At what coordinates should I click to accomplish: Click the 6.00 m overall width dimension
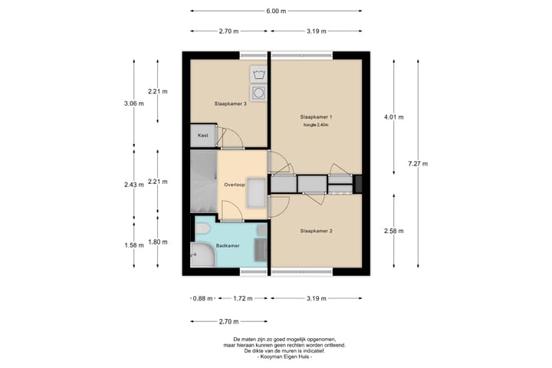pyautogui.click(x=276, y=11)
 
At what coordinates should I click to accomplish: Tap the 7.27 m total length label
pyautogui.click(x=418, y=163)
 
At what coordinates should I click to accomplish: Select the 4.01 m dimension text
pyautogui.click(x=393, y=117)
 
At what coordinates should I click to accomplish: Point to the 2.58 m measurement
pyautogui.click(x=393, y=231)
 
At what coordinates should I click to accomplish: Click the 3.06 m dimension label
pyautogui.click(x=133, y=103)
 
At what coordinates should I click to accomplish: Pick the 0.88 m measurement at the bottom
pyautogui.click(x=202, y=299)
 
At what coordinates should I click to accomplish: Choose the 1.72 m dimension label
pyautogui.click(x=243, y=299)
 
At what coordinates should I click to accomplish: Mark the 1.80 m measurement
pyautogui.click(x=158, y=242)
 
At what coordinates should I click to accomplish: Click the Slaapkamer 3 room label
pyautogui.click(x=230, y=104)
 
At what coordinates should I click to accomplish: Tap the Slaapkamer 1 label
pyautogui.click(x=316, y=117)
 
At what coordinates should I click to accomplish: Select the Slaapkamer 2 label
pyautogui.click(x=316, y=231)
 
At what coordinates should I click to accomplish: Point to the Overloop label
pyautogui.click(x=235, y=185)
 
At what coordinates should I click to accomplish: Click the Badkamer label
pyautogui.click(x=228, y=245)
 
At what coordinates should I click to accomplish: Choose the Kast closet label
pyautogui.click(x=202, y=135)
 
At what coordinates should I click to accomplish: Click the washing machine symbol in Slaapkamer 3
pyautogui.click(x=258, y=74)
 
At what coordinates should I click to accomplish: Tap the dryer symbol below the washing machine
pyautogui.click(x=258, y=93)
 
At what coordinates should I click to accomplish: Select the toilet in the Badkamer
pyautogui.click(x=202, y=229)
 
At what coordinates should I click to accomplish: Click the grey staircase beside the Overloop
pyautogui.click(x=203, y=182)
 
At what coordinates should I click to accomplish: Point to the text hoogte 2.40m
pyautogui.click(x=316, y=125)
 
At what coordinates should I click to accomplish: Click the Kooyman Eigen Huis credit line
pyautogui.click(x=284, y=356)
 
